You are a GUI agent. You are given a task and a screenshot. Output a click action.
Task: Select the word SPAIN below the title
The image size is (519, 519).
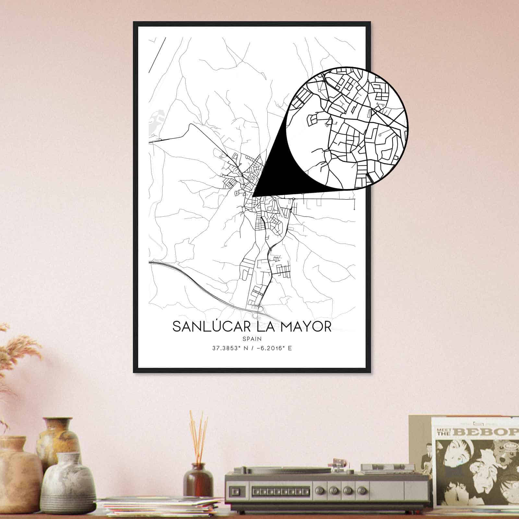[252, 339]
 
